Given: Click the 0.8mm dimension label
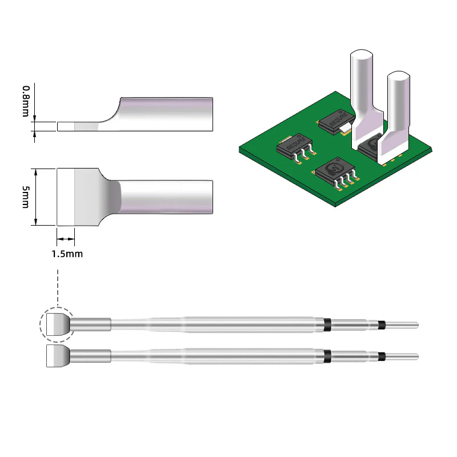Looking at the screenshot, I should click(26, 101).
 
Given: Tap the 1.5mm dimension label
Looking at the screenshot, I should click(67, 254).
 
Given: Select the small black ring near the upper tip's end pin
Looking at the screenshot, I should click(381, 325).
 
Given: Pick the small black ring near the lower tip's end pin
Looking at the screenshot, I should click(381, 357).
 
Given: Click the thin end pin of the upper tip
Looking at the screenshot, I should click(403, 325).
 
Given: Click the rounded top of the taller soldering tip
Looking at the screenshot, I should click(361, 57).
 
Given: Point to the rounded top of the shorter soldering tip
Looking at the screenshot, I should click(398, 78).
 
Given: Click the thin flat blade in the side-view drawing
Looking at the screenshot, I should click(80, 126).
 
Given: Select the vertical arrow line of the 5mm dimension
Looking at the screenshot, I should click(36, 197).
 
